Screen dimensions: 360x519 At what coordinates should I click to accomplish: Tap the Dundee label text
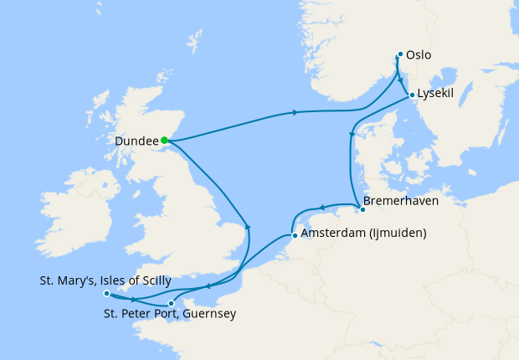point(136,141)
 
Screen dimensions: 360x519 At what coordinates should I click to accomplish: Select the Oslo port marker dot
point(400,54)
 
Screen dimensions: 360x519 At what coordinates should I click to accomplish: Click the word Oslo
point(419,55)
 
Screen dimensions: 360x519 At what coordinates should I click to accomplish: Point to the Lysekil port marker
point(412,95)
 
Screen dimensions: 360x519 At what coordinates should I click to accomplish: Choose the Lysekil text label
point(436,94)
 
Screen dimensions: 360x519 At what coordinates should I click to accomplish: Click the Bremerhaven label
point(401,202)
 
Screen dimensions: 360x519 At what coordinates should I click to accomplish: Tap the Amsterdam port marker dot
point(293,236)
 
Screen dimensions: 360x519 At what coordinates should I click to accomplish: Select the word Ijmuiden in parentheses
point(397,233)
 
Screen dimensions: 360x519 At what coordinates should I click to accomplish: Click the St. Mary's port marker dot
point(106,294)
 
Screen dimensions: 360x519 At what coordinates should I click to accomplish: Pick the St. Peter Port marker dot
point(171,304)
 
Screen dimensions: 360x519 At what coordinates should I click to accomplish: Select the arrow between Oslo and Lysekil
point(401,81)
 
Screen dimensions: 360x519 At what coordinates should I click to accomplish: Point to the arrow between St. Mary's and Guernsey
point(132,300)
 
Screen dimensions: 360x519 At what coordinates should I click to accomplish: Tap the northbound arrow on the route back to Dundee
point(247,226)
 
